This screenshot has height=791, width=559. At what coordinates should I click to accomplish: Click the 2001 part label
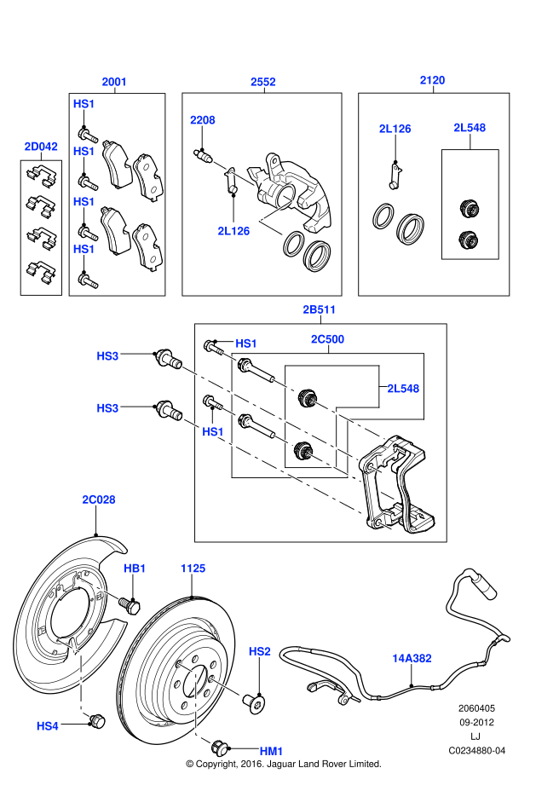(x=114, y=82)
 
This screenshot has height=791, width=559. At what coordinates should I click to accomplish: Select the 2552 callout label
(x=262, y=82)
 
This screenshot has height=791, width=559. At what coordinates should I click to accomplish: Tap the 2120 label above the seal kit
(x=432, y=80)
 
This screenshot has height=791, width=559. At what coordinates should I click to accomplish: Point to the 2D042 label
(x=41, y=147)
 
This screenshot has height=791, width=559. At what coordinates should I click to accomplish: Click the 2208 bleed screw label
(x=203, y=120)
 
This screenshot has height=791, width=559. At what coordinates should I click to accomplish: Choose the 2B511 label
(x=319, y=309)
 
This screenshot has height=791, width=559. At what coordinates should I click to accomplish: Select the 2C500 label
(x=327, y=339)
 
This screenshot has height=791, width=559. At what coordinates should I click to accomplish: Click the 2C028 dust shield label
(x=98, y=499)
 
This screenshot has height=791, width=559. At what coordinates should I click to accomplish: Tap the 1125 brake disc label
(x=193, y=567)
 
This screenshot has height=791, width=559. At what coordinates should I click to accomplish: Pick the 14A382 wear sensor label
(x=412, y=658)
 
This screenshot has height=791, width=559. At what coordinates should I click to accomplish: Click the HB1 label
(x=135, y=568)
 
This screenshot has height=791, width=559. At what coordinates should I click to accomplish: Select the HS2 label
(x=259, y=651)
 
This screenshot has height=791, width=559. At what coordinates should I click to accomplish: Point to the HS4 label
(x=48, y=726)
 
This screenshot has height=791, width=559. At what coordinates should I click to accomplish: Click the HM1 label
(x=271, y=751)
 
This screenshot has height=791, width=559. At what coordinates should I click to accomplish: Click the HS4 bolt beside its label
(x=95, y=720)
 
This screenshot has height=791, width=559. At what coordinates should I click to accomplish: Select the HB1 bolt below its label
(x=130, y=605)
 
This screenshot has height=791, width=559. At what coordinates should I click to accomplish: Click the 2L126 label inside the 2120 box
(x=395, y=129)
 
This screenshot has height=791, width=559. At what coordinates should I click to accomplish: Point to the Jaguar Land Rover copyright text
(x=284, y=764)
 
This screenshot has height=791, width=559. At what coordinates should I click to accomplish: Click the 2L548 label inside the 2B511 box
(x=403, y=388)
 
